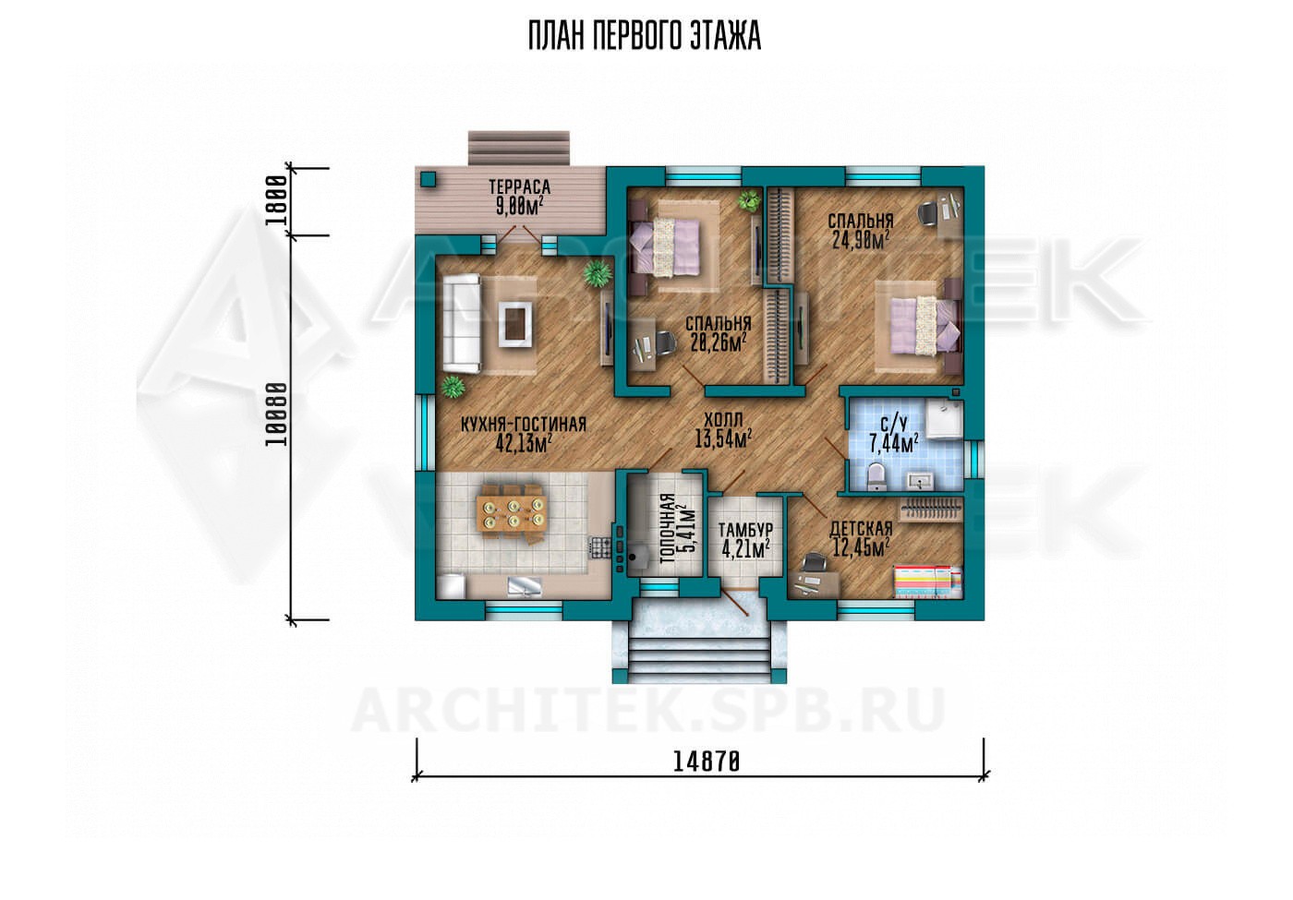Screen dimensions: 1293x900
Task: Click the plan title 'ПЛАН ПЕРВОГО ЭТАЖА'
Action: pyautogui.click(x=645, y=36)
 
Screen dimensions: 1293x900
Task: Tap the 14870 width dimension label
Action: pyautogui.click(x=706, y=762)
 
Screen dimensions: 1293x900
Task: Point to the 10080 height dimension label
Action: pyautogui.click(x=276, y=414)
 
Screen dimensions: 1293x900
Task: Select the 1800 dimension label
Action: pyautogui.click(x=277, y=200)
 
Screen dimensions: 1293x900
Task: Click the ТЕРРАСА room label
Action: pyautogui.click(x=519, y=187)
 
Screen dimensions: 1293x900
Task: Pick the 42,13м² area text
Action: pyautogui.click(x=524, y=443)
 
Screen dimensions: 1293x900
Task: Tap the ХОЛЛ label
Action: pyautogui.click(x=723, y=419)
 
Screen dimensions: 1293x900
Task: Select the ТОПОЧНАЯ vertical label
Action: pyautogui.click(x=668, y=528)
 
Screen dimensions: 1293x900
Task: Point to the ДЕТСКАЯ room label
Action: pyautogui.click(x=861, y=528)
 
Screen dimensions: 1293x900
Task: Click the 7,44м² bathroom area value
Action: pyautogui.click(x=894, y=444)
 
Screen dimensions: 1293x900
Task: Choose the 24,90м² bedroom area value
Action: pyautogui.click(x=860, y=239)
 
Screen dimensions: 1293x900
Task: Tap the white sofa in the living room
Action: pyautogui.click(x=462, y=323)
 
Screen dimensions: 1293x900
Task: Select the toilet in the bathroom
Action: pyautogui.click(x=877, y=477)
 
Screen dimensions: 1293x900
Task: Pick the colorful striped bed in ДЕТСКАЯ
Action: pyautogui.click(x=927, y=582)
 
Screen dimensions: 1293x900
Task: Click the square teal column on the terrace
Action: pyautogui.click(x=429, y=179)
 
